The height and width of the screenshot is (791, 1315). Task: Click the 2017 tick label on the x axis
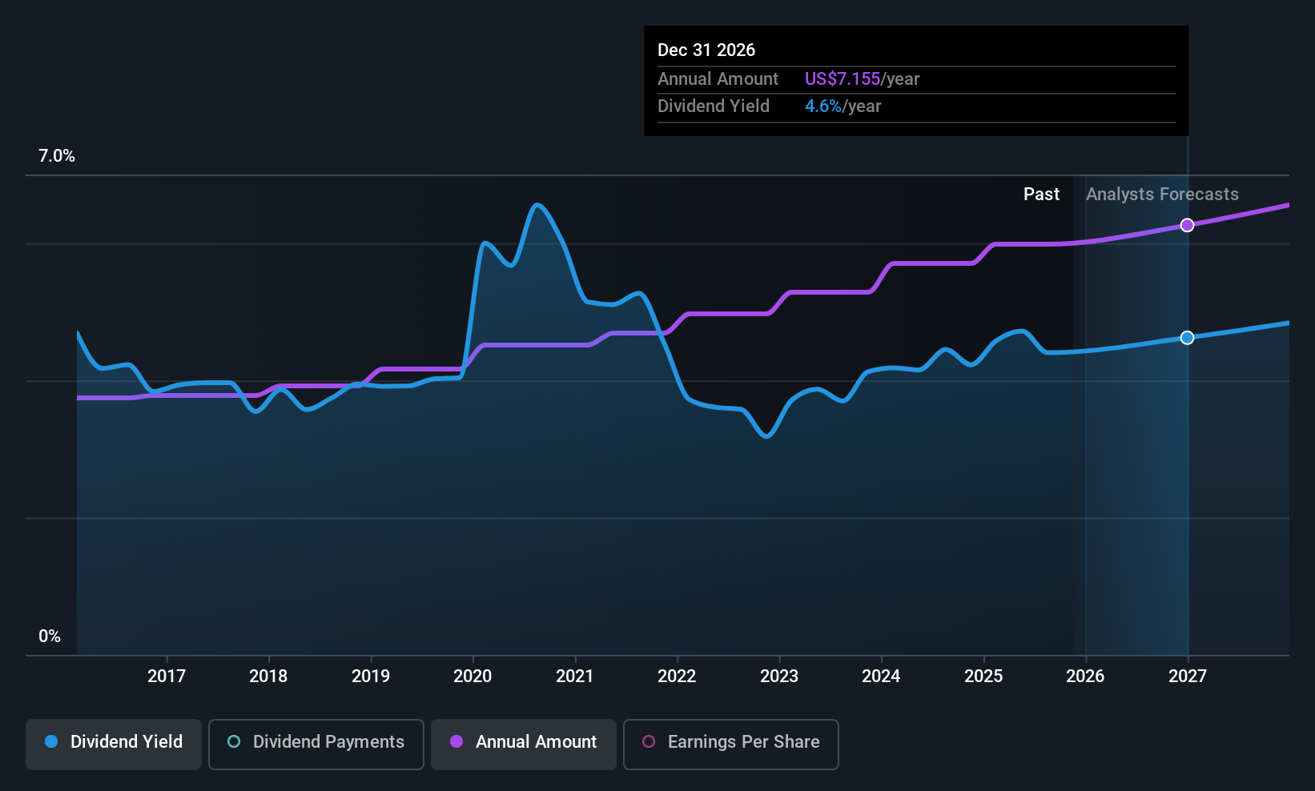167,677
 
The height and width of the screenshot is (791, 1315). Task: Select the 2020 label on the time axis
473,677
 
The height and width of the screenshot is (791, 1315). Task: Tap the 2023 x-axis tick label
779,677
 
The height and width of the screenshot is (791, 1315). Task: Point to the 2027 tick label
1188,677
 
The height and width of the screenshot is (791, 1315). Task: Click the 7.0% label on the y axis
57,156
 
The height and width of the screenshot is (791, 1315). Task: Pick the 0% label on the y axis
50,636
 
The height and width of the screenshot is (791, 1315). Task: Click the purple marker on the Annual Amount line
1188,226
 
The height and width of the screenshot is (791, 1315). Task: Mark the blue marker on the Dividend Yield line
1188,338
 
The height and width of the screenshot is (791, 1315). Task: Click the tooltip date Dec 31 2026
706,50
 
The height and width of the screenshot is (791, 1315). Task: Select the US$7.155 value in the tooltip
842,79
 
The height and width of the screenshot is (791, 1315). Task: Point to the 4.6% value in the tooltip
823,106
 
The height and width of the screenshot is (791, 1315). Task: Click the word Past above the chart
1041,195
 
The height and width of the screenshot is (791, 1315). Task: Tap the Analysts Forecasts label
1162,195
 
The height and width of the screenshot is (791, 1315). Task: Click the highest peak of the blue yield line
537,205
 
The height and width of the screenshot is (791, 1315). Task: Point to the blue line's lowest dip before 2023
767,436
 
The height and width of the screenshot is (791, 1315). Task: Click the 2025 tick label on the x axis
983,677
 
